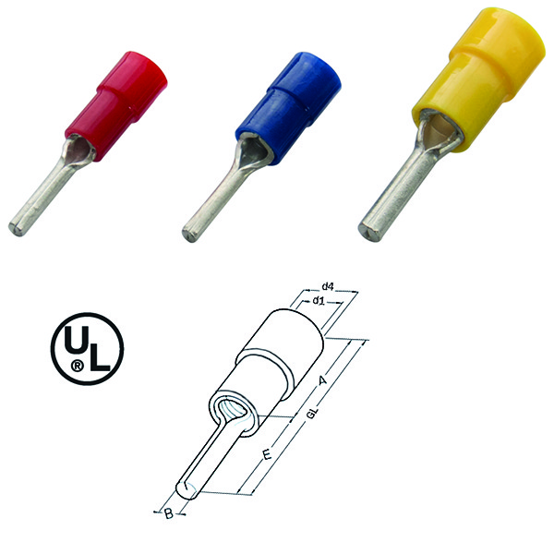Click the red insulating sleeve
116,106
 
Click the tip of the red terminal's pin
15,228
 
